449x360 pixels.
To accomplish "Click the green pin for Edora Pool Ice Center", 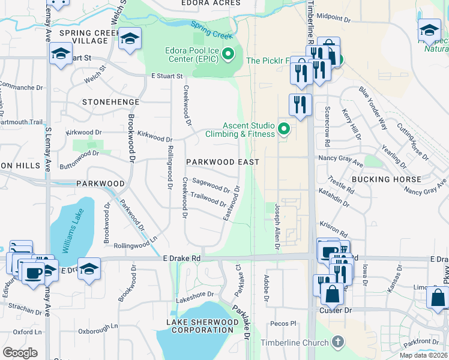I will tap(228, 55).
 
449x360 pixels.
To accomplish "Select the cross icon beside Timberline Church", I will tap(338, 343).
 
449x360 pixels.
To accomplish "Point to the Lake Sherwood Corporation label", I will tap(201, 326).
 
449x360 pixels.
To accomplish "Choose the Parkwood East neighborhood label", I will tap(222, 162).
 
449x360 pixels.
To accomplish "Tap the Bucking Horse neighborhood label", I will tap(387, 179).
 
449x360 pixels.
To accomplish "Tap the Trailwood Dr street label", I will tap(208, 198).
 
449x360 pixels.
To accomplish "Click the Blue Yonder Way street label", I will tap(373, 108).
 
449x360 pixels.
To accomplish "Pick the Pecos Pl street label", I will tap(285, 323).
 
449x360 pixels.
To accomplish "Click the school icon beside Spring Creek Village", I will tap(130, 40).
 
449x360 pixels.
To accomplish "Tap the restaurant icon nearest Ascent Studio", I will tap(300, 104).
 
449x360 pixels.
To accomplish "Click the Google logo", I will tap(20, 353).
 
